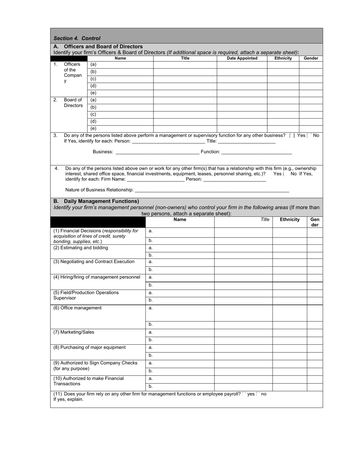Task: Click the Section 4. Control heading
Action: pyautogui.click(x=77, y=38)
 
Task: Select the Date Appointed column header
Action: pyautogui.click(x=242, y=58)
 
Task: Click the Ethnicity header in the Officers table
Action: pyautogui.click(x=283, y=58)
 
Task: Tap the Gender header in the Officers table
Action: pyautogui.click(x=311, y=58)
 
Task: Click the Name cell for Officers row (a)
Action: pyautogui.click(x=120, y=65)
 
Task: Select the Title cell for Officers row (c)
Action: pyautogui.click(x=185, y=79)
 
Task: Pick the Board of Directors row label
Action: pyautogui.click(x=73, y=103)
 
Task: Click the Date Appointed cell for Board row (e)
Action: pyautogui.click(x=242, y=129)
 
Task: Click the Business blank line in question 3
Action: pyautogui.click(x=157, y=152)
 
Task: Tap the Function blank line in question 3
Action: pyautogui.click(x=257, y=152)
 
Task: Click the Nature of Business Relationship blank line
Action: pyautogui.click(x=212, y=190)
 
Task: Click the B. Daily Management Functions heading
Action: pyautogui.click(x=96, y=201)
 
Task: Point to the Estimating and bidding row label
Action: pyautogui.click(x=81, y=248)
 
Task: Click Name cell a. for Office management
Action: pyautogui.click(x=180, y=313)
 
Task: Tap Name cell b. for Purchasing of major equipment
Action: pyautogui.click(x=180, y=355)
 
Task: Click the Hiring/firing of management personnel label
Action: pyautogui.click(x=97, y=277)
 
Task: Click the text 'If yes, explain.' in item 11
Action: pyautogui.click(x=68, y=399)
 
